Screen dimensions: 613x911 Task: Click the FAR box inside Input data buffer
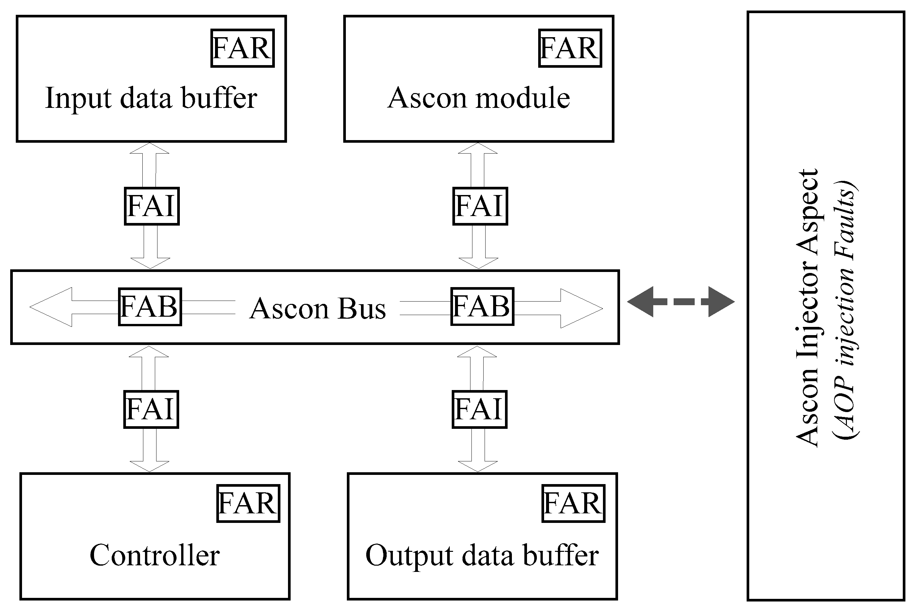pos(242,48)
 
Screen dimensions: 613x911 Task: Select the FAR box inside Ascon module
pos(570,48)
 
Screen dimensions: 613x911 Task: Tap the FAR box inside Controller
pos(248,503)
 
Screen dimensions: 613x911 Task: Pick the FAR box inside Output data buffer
pos(573,503)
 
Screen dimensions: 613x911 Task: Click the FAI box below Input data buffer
pos(152,206)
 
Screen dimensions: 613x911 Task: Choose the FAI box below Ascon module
pos(480,206)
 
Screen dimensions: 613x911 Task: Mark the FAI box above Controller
pos(151,409)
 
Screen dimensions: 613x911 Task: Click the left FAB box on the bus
pos(150,307)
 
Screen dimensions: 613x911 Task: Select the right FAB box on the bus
pos(482,306)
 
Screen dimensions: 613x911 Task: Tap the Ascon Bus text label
pos(317,309)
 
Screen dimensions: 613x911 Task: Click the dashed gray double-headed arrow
pos(681,302)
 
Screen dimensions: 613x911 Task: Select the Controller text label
pos(155,555)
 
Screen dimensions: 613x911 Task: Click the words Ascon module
pos(479,98)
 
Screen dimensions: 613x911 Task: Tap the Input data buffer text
pos(151,98)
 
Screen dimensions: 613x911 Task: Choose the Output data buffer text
pos(482,555)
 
